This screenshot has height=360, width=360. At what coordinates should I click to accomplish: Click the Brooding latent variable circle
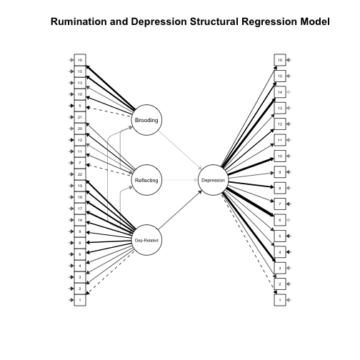(146, 119)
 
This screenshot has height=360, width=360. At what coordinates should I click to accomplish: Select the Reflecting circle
(146, 181)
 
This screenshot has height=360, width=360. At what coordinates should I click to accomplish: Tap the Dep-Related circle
(146, 242)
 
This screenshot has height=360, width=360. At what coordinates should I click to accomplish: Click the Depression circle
(214, 181)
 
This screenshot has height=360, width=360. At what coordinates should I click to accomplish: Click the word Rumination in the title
(84, 22)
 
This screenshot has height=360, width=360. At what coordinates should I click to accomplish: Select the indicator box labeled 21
(80, 116)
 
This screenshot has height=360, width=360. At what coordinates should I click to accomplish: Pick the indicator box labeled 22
(80, 174)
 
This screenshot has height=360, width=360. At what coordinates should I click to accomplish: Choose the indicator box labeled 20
(80, 128)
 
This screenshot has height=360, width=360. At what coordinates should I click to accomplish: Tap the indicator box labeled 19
(80, 186)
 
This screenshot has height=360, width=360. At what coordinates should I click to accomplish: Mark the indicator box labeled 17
(80, 209)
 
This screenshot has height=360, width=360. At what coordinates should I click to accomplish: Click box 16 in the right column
(281, 59)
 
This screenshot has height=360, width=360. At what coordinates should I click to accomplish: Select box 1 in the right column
(281, 301)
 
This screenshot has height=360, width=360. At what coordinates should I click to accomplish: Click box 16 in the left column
(80, 59)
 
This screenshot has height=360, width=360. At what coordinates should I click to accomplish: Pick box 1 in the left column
(80, 301)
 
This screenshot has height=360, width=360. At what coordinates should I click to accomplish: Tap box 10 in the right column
(281, 156)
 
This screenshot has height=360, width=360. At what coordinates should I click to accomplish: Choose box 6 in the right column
(281, 220)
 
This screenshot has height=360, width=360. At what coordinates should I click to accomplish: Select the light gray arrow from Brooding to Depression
(180, 150)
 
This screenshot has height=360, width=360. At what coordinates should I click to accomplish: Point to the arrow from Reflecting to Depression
(180, 181)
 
